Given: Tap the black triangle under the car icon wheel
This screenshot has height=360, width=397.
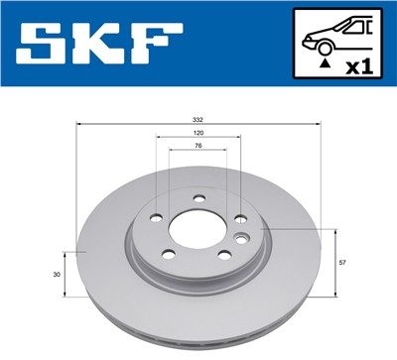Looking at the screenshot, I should point(324,61).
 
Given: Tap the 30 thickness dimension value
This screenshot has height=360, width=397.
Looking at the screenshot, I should point(58,274).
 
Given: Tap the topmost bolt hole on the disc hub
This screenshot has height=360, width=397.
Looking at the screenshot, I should point(198,196).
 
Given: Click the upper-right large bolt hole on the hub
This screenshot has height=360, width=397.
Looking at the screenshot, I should point(239,219).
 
